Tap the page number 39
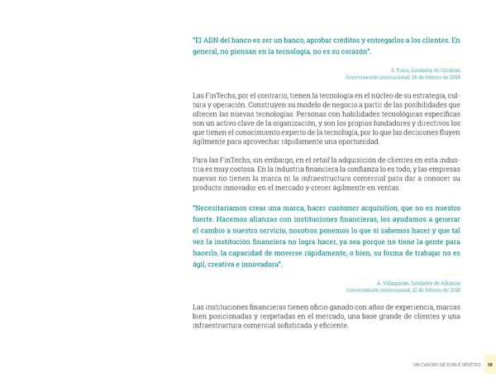click(489, 364)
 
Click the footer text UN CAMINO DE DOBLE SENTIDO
click(446, 364)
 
